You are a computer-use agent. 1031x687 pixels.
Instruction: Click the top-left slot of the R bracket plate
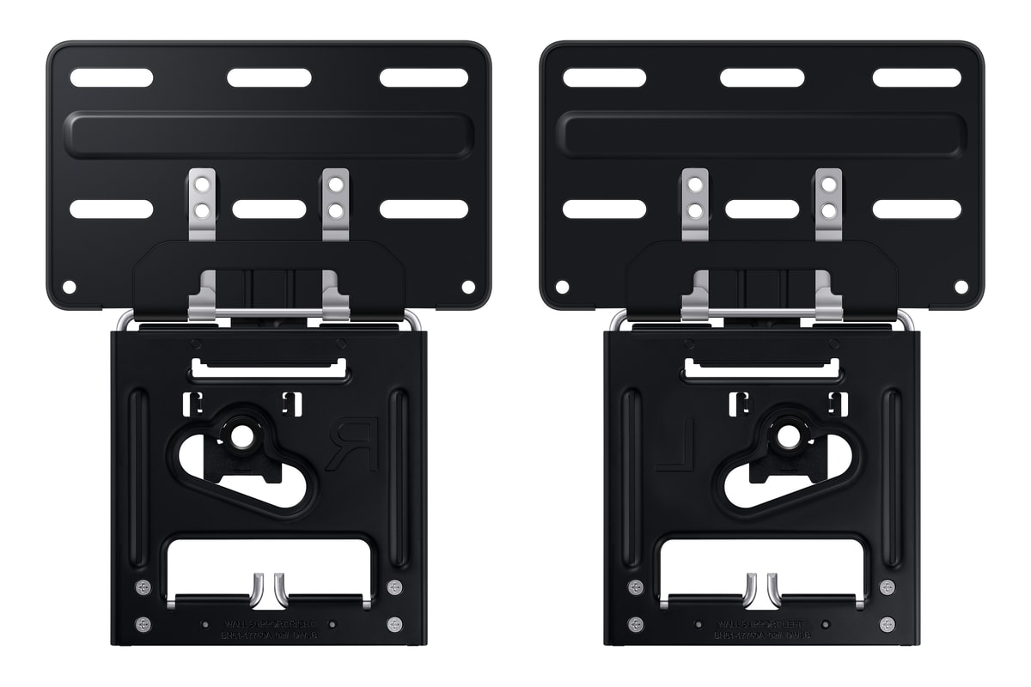pyautogui.click(x=112, y=77)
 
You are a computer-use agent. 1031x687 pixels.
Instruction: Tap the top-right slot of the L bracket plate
pyautogui.click(x=917, y=77)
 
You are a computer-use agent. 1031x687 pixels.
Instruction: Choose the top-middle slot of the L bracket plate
pyautogui.click(x=762, y=77)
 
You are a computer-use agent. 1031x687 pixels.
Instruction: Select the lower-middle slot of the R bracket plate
pyautogui.click(x=269, y=209)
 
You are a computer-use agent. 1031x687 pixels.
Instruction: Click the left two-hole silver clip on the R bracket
pyautogui.click(x=203, y=197)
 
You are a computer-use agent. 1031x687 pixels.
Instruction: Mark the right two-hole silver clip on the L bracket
pyautogui.click(x=828, y=197)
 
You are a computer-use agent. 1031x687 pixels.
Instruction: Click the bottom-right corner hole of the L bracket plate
pyautogui.click(x=961, y=286)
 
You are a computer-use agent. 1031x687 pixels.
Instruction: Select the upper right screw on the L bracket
pyautogui.click(x=887, y=587)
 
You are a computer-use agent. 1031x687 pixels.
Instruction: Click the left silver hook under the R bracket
pyautogui.click(x=258, y=588)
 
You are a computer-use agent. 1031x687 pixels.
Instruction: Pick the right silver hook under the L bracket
pyautogui.click(x=772, y=588)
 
